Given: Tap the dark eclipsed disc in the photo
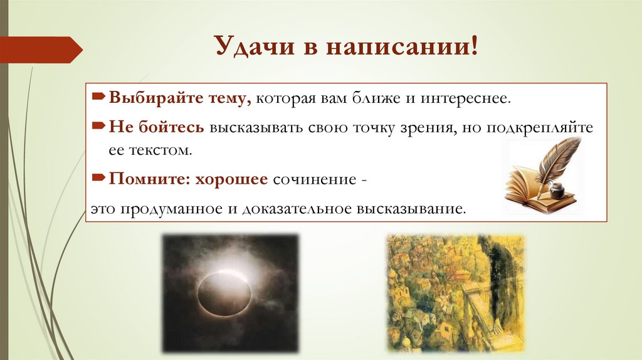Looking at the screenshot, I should (224, 295).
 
